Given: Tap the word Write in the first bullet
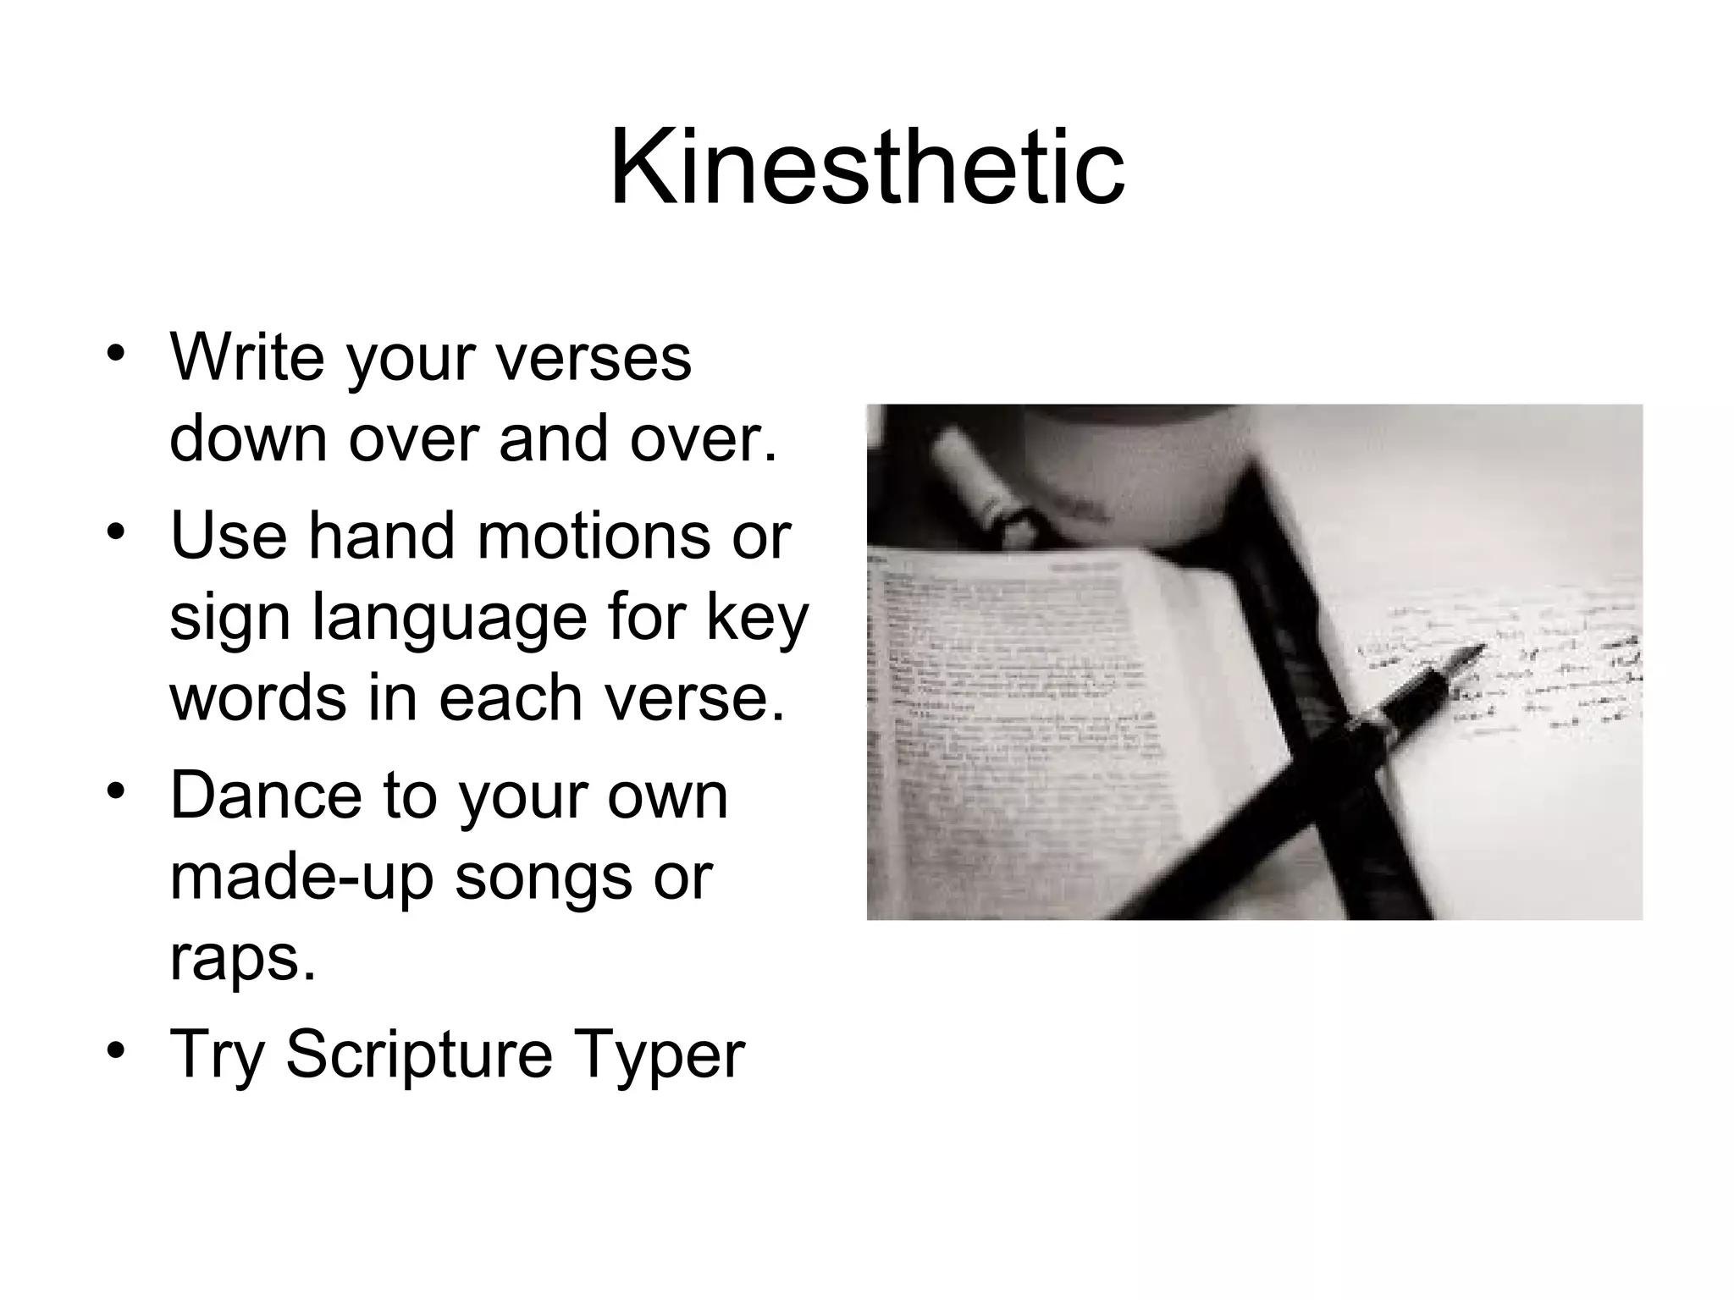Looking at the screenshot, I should (246, 356).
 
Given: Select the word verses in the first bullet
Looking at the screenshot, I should (593, 358).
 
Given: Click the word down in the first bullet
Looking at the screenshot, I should (248, 438).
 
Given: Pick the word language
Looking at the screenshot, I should (450, 620).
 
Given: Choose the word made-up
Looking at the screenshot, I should (302, 878).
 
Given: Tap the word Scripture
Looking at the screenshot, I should (418, 1055).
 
